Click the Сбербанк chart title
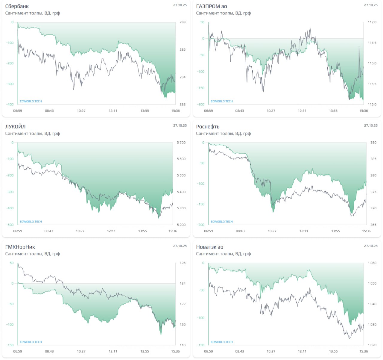pyautogui.click(x=17, y=6)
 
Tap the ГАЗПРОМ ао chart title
pyautogui.click(x=212, y=6)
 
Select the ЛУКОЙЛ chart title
pyautogui.click(x=15, y=127)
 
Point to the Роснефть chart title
pyautogui.click(x=208, y=127)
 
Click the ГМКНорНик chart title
pyautogui.click(x=20, y=247)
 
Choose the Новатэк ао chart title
pyautogui.click(x=210, y=247)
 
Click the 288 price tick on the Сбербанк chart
pyautogui.click(x=182, y=22)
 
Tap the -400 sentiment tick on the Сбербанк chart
pyautogui.click(x=10, y=104)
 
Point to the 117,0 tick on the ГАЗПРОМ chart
pyautogui.click(x=372, y=22)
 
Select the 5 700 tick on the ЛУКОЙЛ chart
pyautogui.click(x=181, y=143)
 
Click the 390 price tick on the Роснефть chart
pyautogui.click(x=373, y=143)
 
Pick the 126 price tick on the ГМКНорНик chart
pyautogui.click(x=183, y=263)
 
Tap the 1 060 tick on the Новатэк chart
pyautogui.click(x=372, y=263)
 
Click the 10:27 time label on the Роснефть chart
pyautogui.click(x=272, y=231)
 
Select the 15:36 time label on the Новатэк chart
pyautogui.click(x=364, y=351)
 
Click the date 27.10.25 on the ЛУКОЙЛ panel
pyautogui.click(x=180, y=125)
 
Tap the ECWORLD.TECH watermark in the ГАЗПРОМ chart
pyautogui.click(x=222, y=101)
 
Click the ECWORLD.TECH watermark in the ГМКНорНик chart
pyautogui.click(x=31, y=342)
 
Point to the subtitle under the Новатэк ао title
pyautogui.click(x=224, y=254)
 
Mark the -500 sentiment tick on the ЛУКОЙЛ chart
pyautogui.click(x=10, y=225)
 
